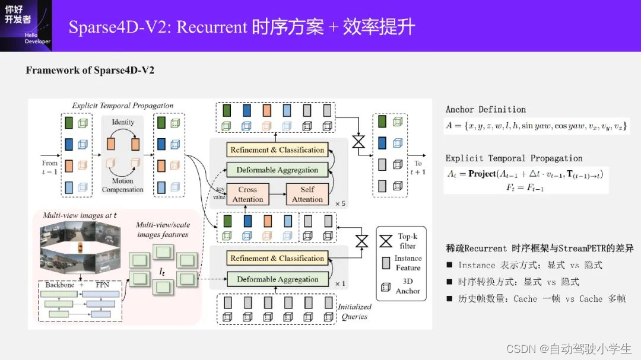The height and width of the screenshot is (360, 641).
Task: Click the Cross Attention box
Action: pos(247,194)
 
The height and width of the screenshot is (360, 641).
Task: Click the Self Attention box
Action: pos(307,194)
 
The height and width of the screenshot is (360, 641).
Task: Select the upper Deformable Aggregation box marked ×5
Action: pos(277,170)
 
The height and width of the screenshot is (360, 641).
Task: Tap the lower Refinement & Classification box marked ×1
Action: pos(277,259)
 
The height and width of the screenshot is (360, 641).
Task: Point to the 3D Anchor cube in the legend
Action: pos(386,286)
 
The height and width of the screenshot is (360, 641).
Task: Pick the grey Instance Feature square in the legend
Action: pos(386,262)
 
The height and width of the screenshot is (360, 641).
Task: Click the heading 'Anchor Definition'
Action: pos(485,110)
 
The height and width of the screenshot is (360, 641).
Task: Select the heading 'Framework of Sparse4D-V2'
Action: pos(90,71)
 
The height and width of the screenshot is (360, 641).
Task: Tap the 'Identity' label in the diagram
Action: pos(123,122)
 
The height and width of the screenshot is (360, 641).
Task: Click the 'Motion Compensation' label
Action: pos(123,185)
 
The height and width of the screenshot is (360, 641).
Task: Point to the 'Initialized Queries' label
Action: pos(354,311)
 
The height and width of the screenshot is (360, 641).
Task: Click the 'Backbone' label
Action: pos(60,285)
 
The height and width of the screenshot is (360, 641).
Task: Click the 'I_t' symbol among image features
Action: pos(162,271)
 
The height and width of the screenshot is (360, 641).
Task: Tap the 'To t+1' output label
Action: pos(418,167)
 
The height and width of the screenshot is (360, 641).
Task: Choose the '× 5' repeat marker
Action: pos(340,203)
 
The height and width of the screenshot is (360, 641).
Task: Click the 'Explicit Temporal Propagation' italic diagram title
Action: pos(123,106)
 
